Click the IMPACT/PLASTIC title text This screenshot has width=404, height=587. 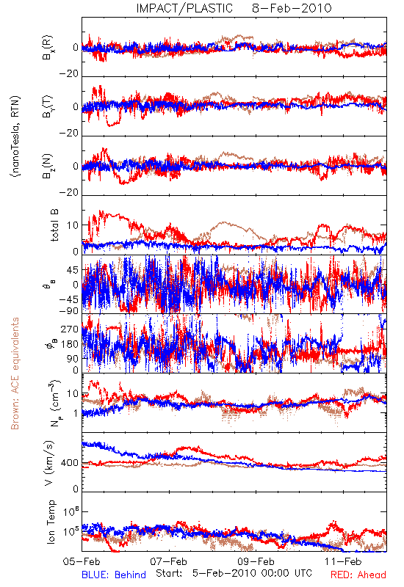point(184,8)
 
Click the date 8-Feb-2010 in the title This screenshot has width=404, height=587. point(292,8)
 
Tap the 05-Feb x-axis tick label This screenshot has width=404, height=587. point(82,561)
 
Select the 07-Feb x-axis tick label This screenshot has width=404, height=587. point(169,561)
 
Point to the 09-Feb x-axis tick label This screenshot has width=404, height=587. point(256,561)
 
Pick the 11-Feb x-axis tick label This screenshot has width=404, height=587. point(343,561)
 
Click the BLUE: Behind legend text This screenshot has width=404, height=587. point(114,575)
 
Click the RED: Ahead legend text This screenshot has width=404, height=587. point(358,575)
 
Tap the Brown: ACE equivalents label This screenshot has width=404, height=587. point(15,373)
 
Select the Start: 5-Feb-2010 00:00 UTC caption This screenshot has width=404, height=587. point(234,573)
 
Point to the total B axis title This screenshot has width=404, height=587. point(54,225)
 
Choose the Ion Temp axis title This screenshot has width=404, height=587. point(51,522)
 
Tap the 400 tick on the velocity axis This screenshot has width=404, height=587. point(70,463)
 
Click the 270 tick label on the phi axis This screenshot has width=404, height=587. point(70,329)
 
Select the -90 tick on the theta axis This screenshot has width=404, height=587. point(69,310)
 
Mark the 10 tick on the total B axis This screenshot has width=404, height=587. point(73,225)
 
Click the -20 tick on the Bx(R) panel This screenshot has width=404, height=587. point(69,74)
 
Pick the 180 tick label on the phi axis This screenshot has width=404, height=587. point(70,344)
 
